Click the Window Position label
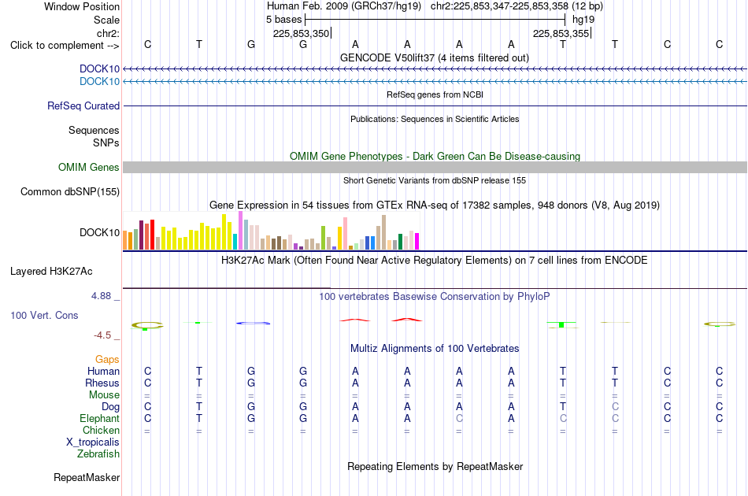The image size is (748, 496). point(82,6)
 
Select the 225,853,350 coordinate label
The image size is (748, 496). point(301,33)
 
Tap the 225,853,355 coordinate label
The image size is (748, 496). point(561,33)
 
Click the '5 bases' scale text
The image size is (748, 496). point(283,20)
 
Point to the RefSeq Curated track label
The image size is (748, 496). point(83,105)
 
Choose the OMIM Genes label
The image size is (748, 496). point(89,168)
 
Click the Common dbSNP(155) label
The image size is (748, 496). point(70,192)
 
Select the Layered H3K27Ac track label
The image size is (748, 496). point(51,272)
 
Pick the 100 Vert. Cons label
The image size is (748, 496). point(44,315)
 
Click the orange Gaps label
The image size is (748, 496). point(107,360)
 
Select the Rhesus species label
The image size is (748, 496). point(102,383)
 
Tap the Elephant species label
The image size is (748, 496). point(100,418)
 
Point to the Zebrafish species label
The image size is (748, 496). point(98,454)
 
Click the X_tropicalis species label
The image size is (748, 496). point(93,442)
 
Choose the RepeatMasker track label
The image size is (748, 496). point(87,477)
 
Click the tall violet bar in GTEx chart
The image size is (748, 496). point(240,231)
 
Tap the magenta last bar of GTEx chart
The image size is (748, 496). point(417,242)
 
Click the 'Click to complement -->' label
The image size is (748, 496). point(65,46)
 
